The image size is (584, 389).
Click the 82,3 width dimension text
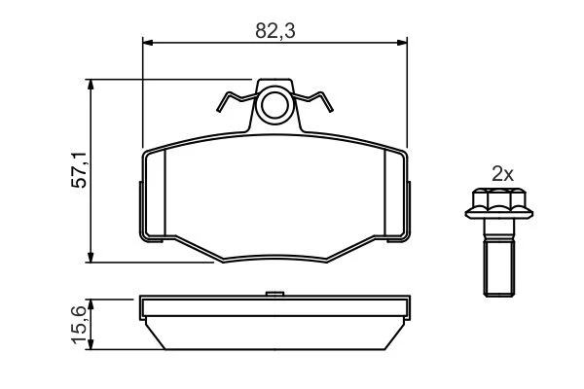(x=275, y=30)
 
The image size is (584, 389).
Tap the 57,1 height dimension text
(x=79, y=170)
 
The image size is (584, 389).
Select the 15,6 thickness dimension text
(x=79, y=324)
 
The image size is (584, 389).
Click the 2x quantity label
(x=502, y=174)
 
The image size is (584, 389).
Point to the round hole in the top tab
(x=274, y=105)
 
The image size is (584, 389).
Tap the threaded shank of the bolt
(x=499, y=267)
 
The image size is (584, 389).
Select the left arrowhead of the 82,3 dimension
(x=148, y=43)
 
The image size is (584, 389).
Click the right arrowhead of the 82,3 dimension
(x=402, y=43)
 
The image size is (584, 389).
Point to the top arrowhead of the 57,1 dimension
(x=91, y=85)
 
